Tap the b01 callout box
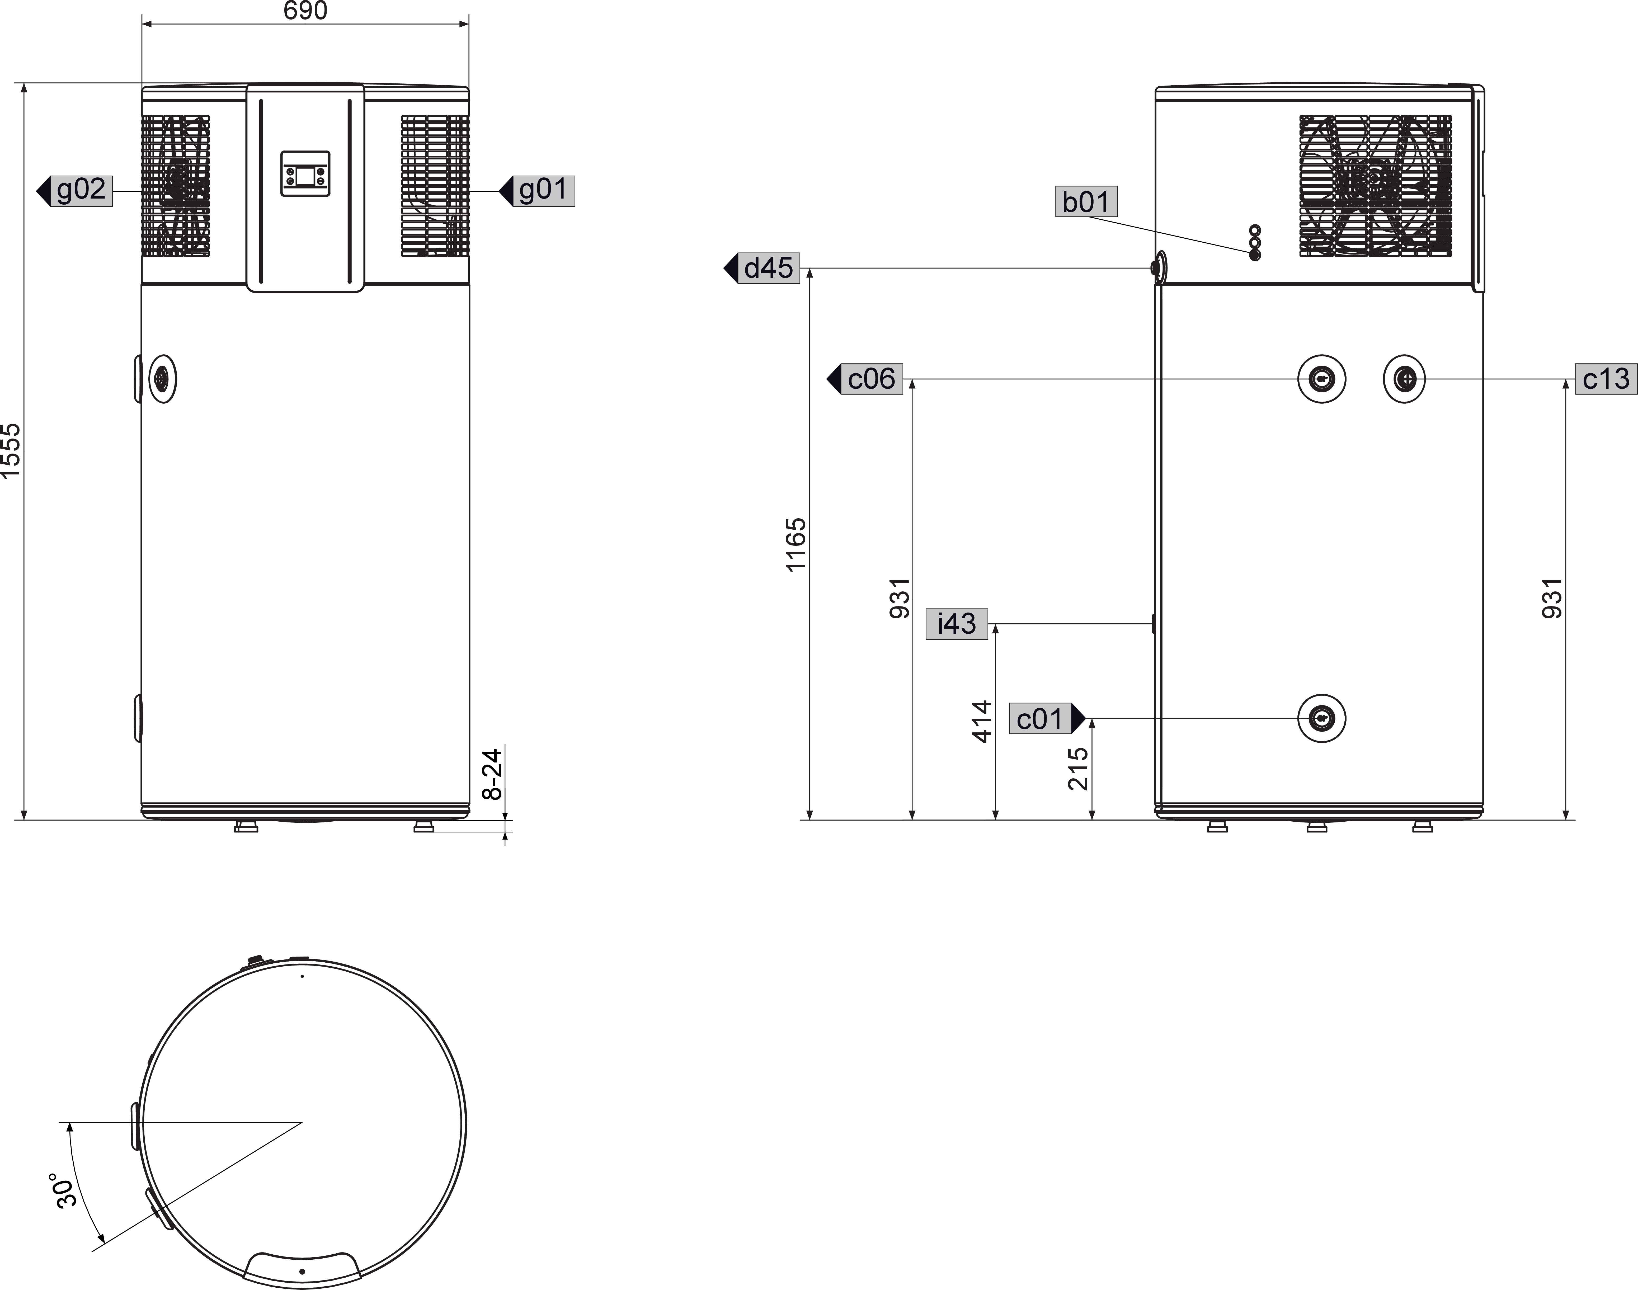(1086, 202)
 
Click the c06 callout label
(872, 378)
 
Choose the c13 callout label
(1606, 378)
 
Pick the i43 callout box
(957, 624)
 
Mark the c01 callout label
(1040, 718)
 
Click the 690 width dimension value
(305, 11)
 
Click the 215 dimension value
(1078, 769)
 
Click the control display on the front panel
(306, 174)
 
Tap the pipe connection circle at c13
(1404, 378)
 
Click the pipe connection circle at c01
(1322, 718)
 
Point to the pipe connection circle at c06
(1322, 378)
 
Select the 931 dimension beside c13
(1552, 598)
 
